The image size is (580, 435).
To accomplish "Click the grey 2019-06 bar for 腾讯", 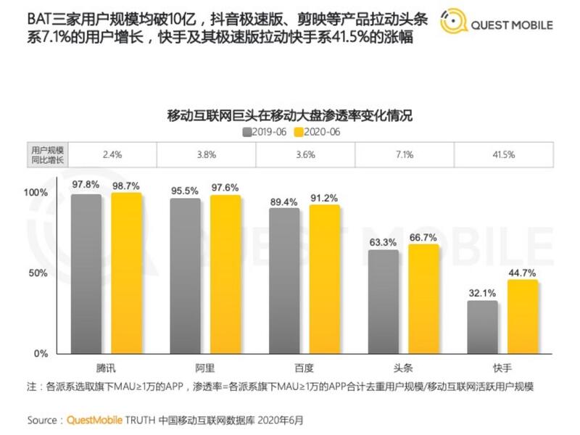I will pyautogui.click(x=86, y=273).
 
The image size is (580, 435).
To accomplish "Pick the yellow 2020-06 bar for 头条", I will pyautogui.click(x=423, y=299).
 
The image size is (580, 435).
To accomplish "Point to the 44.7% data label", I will pyautogui.click(x=522, y=273).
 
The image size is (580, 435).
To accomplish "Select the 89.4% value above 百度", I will pyautogui.click(x=283, y=202).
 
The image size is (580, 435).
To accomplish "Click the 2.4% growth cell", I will pyautogui.click(x=112, y=154).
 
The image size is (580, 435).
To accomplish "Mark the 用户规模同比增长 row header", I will pyautogui.click(x=46, y=154).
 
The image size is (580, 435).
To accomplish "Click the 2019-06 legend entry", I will pyautogui.click(x=265, y=132).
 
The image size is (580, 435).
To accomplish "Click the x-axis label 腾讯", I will pyautogui.click(x=107, y=368).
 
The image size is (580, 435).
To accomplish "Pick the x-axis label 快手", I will pyautogui.click(x=502, y=368).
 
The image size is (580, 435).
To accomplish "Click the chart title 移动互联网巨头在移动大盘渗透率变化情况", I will pyautogui.click(x=289, y=115).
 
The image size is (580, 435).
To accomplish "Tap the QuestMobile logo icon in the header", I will pyautogui.click(x=453, y=23).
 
